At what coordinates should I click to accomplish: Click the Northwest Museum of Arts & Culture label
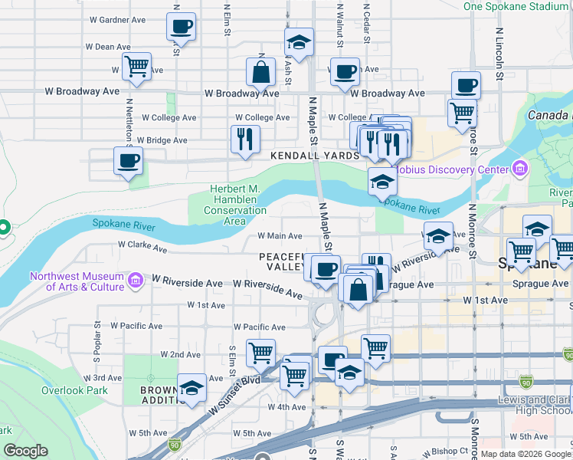click(x=77, y=281)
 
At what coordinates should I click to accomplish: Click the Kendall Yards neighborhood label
click(x=314, y=155)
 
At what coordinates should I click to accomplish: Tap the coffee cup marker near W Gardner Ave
click(x=182, y=28)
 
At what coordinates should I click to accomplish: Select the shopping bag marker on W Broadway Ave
click(x=260, y=73)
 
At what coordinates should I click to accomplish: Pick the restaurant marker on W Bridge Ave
click(x=245, y=140)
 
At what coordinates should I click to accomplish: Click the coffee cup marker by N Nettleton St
click(x=128, y=162)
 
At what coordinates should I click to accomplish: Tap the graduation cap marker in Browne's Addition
click(x=192, y=388)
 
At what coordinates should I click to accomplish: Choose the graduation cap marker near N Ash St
click(x=299, y=43)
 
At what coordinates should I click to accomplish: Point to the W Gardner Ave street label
click(x=117, y=19)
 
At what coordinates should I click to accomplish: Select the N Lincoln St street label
click(x=499, y=54)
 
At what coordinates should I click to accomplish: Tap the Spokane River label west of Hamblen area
click(x=123, y=224)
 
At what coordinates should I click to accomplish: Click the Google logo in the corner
click(x=26, y=451)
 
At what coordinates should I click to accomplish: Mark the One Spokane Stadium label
click(x=516, y=6)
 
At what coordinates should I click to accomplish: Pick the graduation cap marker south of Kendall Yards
click(x=382, y=182)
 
